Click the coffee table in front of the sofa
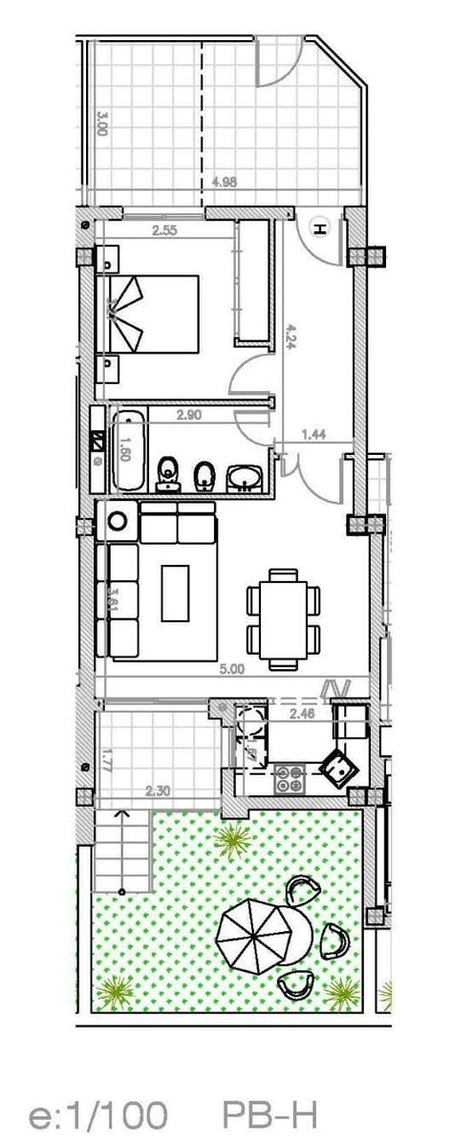click(176, 593)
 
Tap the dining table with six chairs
click(283, 617)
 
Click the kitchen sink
click(337, 765)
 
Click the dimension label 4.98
click(225, 183)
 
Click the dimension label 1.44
click(314, 435)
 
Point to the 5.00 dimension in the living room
click(232, 670)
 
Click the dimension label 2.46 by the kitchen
click(302, 712)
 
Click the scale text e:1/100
click(98, 1114)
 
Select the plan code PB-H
click(269, 1114)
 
